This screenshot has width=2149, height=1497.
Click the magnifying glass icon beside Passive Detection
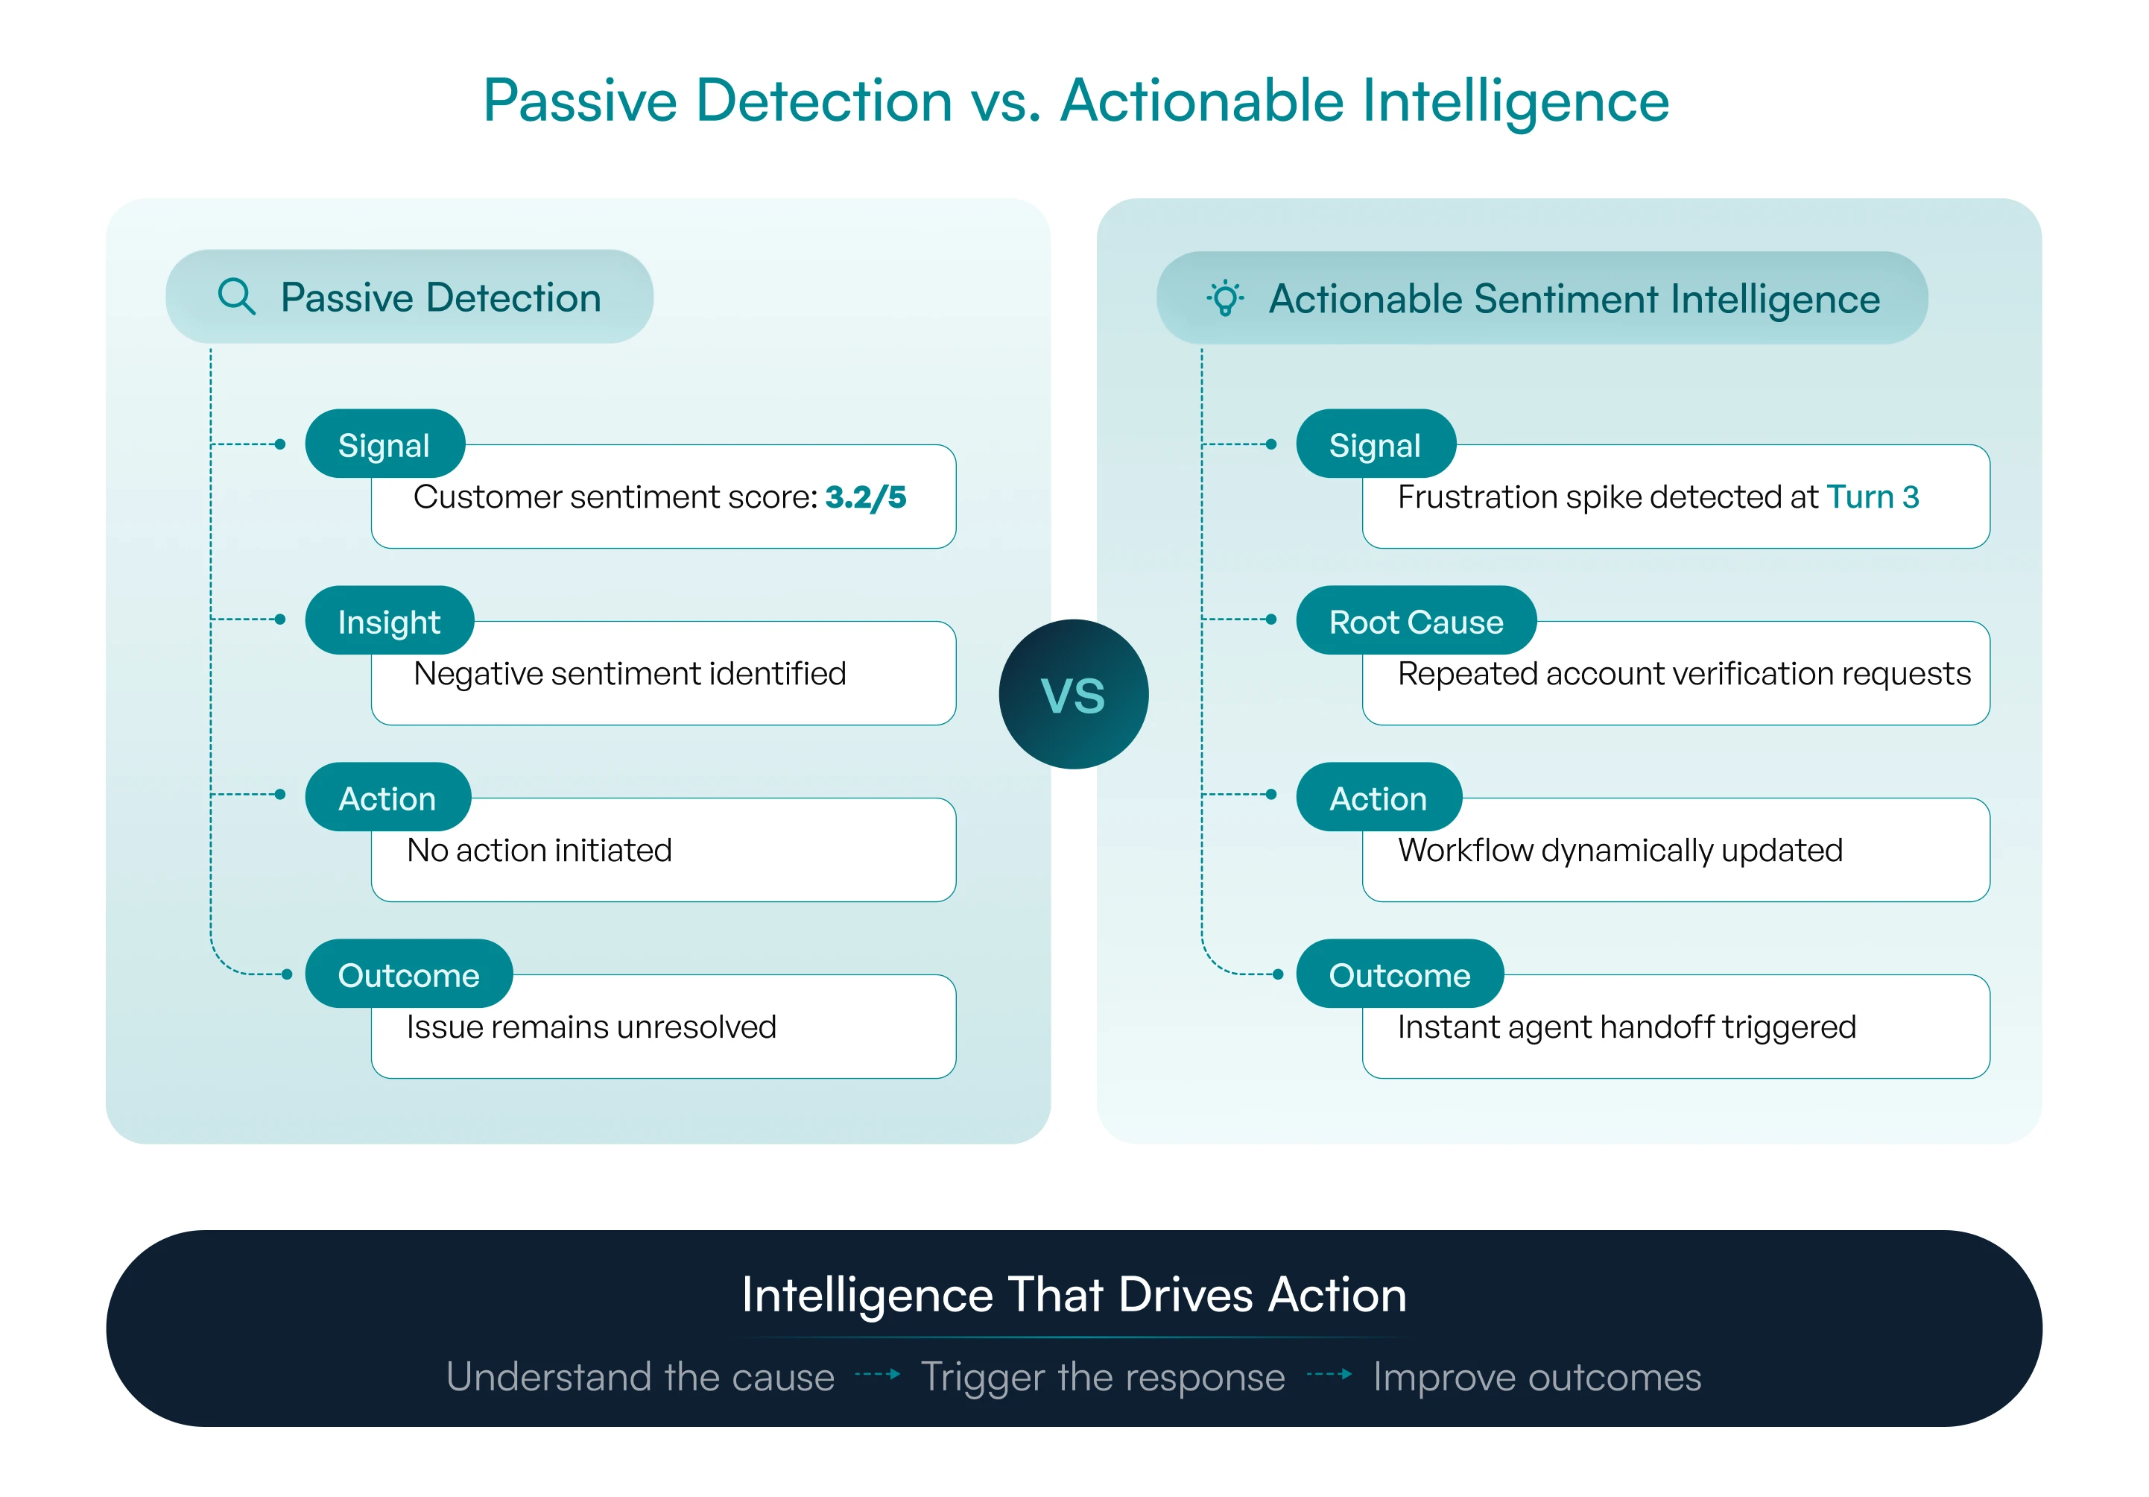pyautogui.click(x=236, y=296)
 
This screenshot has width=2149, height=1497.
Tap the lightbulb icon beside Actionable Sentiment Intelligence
pyautogui.click(x=1225, y=297)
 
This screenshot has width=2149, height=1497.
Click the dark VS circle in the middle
pyautogui.click(x=1074, y=694)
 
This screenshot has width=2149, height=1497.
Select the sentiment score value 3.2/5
pyautogui.click(x=866, y=497)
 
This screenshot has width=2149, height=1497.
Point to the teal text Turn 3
pyautogui.click(x=1873, y=497)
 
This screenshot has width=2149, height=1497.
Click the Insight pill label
pyautogui.click(x=390, y=621)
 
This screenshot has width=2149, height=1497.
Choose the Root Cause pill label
pyautogui.click(x=1416, y=621)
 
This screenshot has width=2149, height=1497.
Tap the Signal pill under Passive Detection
pyautogui.click(x=384, y=444)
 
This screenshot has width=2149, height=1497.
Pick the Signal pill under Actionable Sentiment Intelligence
pyautogui.click(x=1376, y=444)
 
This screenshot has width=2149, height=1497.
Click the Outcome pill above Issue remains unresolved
pyautogui.click(x=409, y=974)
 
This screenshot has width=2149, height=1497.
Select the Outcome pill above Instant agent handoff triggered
pyautogui.click(x=1400, y=974)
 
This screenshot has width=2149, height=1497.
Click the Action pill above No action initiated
pyautogui.click(x=387, y=797)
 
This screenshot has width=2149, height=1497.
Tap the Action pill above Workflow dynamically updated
pyautogui.click(x=1379, y=797)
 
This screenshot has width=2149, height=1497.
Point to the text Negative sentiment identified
pyautogui.click(x=630, y=673)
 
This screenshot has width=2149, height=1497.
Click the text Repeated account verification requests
pyautogui.click(x=1684, y=673)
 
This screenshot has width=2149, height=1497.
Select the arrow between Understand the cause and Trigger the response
pyautogui.click(x=878, y=1374)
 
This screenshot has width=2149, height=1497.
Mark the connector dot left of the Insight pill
pyautogui.click(x=280, y=619)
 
